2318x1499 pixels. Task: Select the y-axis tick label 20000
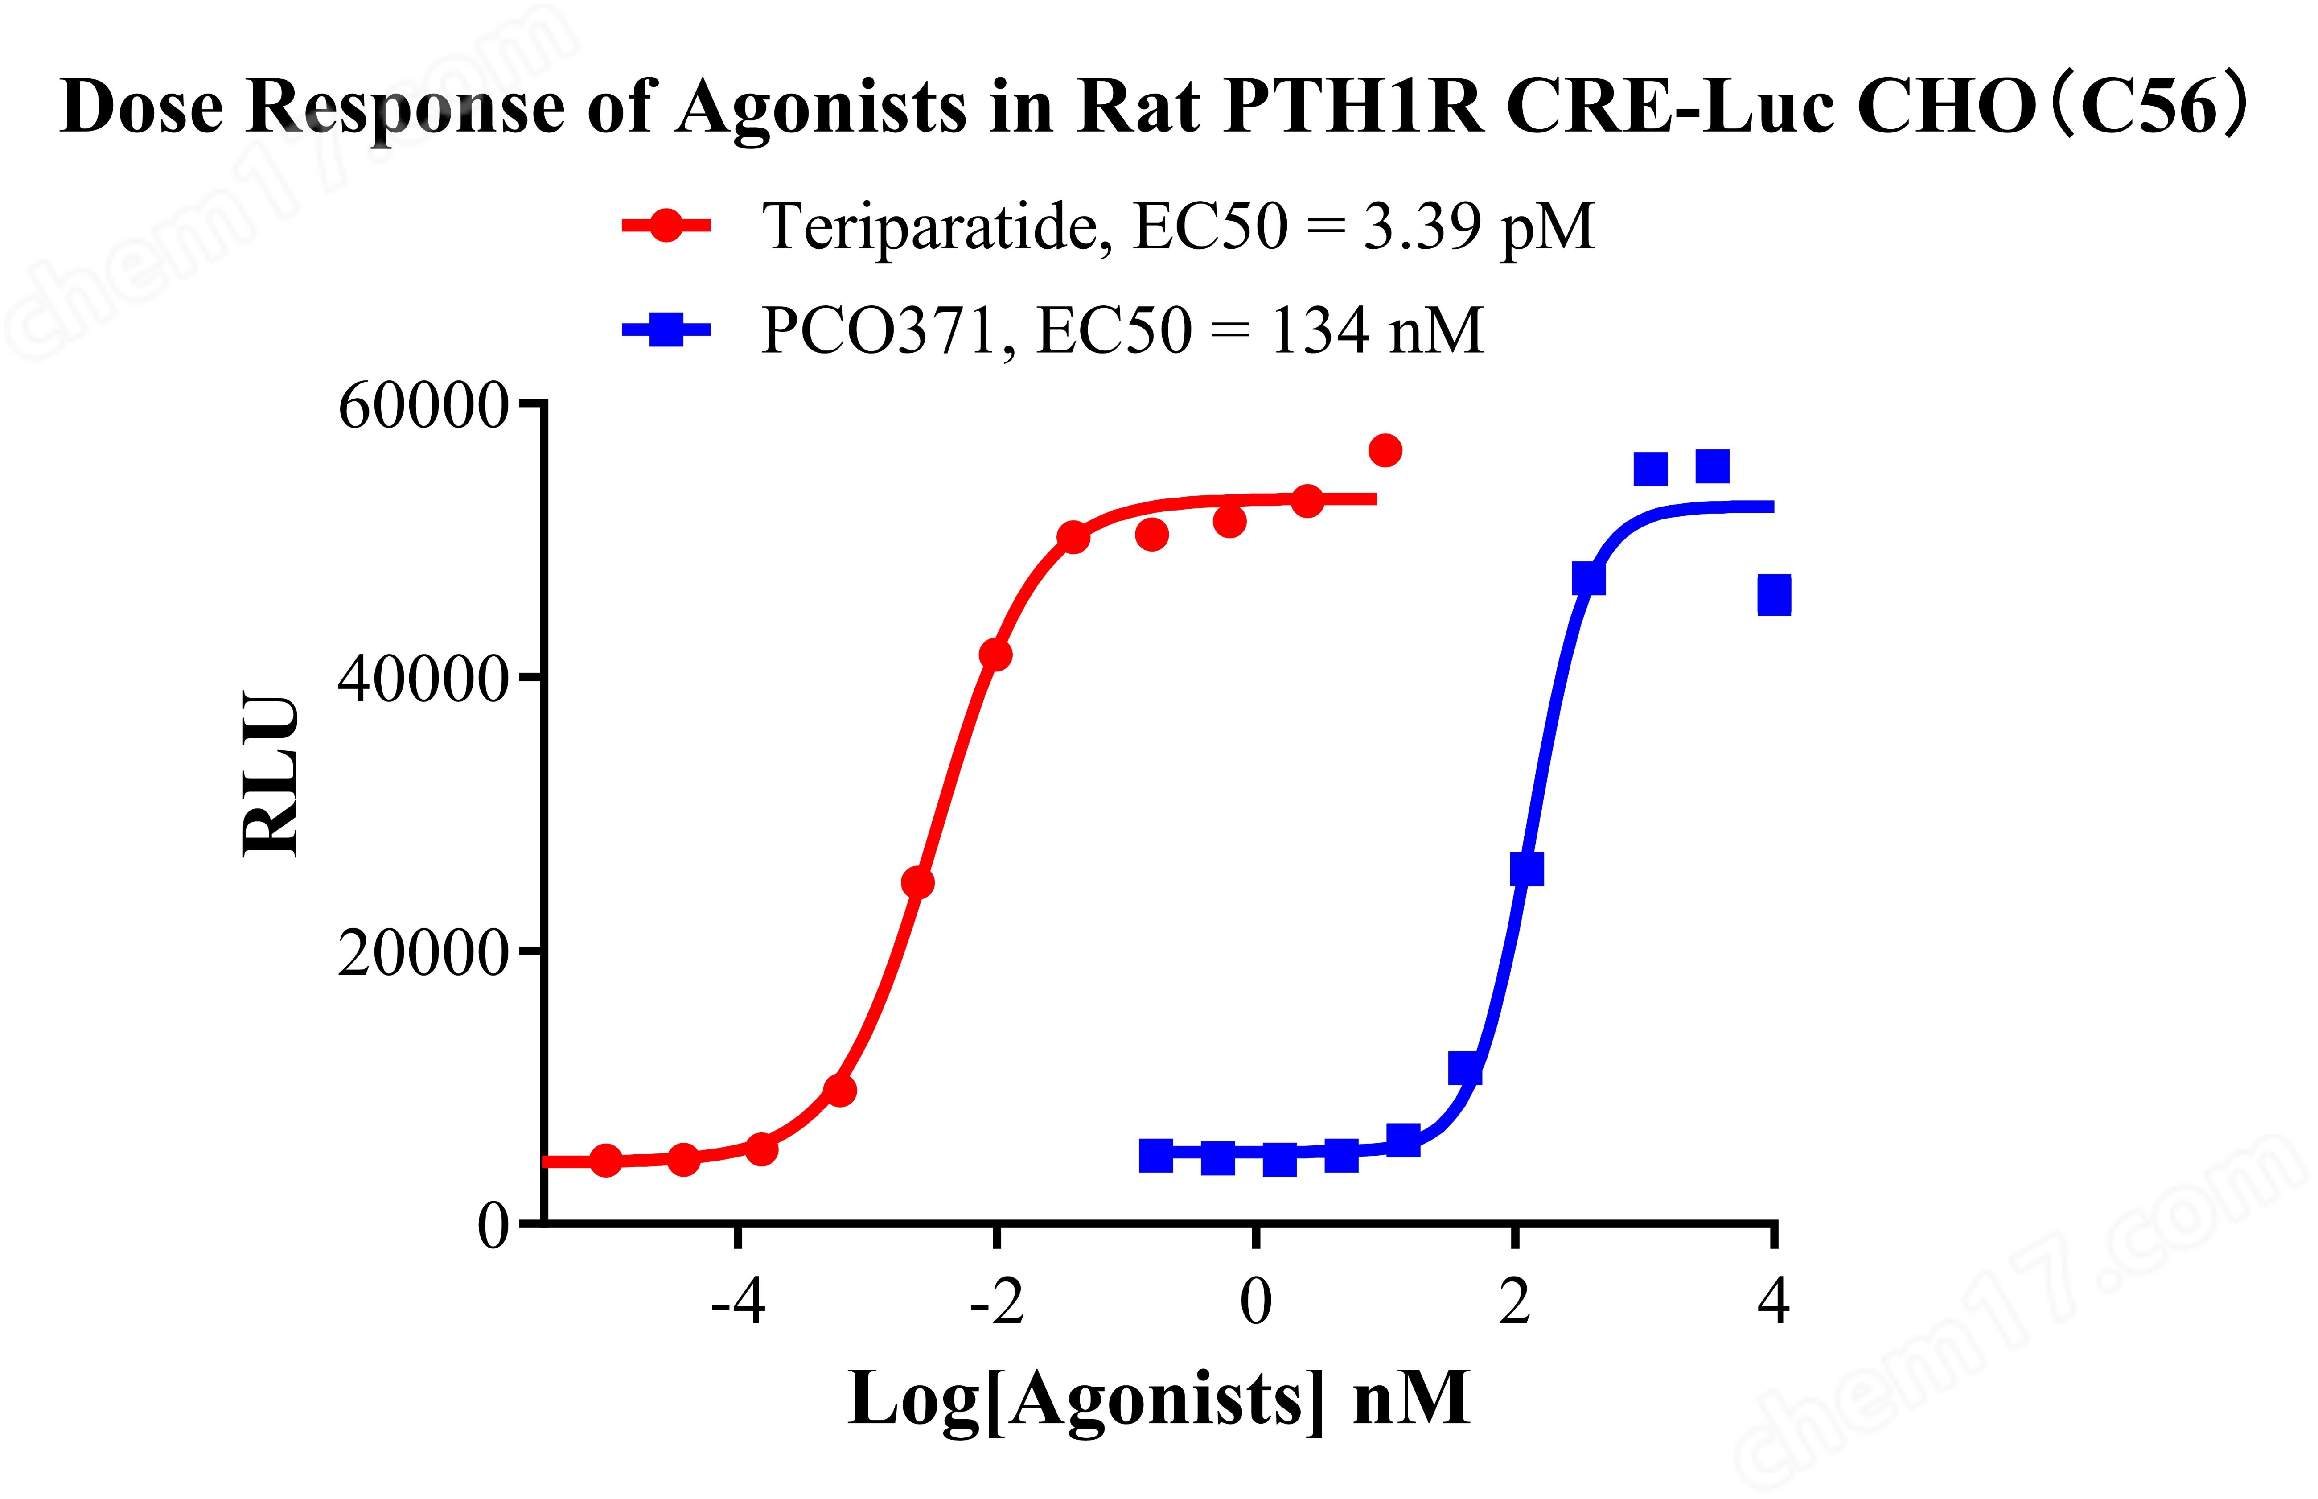(x=422, y=953)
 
